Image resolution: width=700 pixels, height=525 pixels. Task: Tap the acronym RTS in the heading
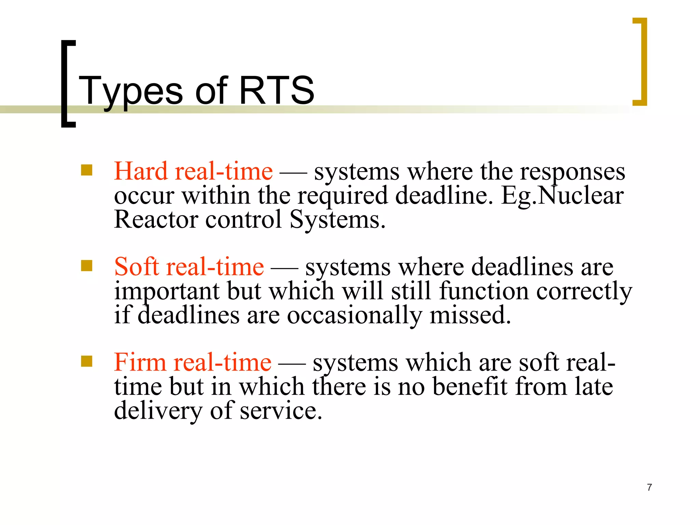276,90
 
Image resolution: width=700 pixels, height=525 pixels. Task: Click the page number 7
649,487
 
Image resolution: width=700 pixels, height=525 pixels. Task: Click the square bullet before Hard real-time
86,170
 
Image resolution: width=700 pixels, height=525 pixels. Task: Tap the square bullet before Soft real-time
86,266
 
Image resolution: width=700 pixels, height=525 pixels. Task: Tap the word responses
573,172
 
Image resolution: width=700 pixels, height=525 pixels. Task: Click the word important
166,292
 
